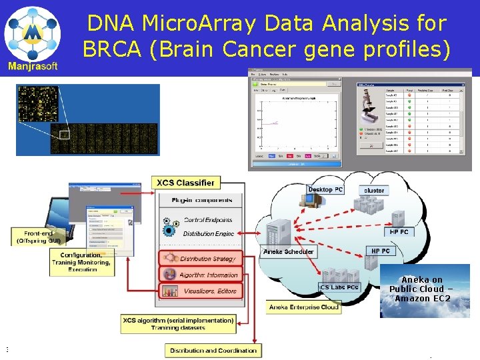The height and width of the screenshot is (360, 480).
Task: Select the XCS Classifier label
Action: pyautogui.click(x=185, y=183)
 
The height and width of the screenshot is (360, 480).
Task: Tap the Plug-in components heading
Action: pyautogui.click(x=202, y=200)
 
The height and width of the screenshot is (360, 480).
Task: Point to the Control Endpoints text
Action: pyautogui.click(x=208, y=220)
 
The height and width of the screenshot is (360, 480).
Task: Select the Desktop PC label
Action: pyautogui.click(x=325, y=190)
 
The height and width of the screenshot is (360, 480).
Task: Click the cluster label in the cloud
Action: pyautogui.click(x=374, y=191)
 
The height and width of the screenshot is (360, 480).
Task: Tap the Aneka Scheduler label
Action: pyautogui.click(x=287, y=252)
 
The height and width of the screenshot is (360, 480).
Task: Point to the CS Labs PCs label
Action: pyautogui.click(x=339, y=287)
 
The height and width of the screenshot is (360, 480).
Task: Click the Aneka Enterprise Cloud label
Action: pyautogui.click(x=303, y=307)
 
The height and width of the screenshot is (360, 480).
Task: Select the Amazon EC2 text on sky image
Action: pyautogui.click(x=422, y=298)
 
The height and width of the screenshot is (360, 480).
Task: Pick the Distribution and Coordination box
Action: pyautogui.click(x=213, y=351)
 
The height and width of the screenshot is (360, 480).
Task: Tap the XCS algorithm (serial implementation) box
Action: pyautogui.click(x=178, y=324)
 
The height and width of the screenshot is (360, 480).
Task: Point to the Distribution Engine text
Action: pyautogui.click(x=208, y=234)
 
